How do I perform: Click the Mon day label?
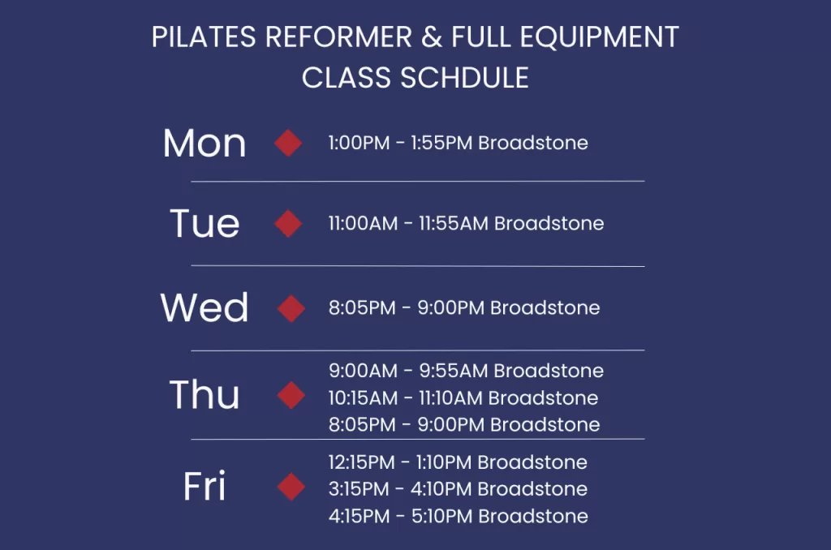pos(205,144)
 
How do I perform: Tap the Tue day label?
pos(205,223)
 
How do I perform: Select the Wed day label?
pos(205,308)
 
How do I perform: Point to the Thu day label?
pos(205,395)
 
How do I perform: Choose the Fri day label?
pos(205,487)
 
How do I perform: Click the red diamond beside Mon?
pos(288,144)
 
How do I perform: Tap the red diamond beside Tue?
pos(288,224)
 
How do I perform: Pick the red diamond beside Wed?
pos(291,308)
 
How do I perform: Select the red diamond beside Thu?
pos(291,396)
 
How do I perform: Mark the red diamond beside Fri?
pos(291,487)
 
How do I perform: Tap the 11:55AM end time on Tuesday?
pos(454,224)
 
